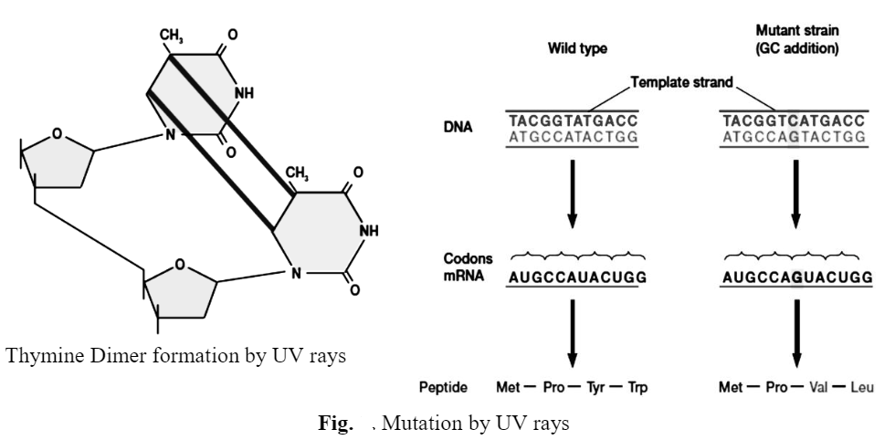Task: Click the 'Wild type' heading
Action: pos(576,47)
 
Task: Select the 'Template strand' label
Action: pos(681,82)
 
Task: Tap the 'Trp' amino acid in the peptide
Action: pos(637,388)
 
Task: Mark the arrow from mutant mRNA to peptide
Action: pos(795,333)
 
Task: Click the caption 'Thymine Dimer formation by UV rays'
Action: pos(176,355)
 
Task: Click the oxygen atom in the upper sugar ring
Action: pos(58,134)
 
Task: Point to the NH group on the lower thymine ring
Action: pos(369,231)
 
